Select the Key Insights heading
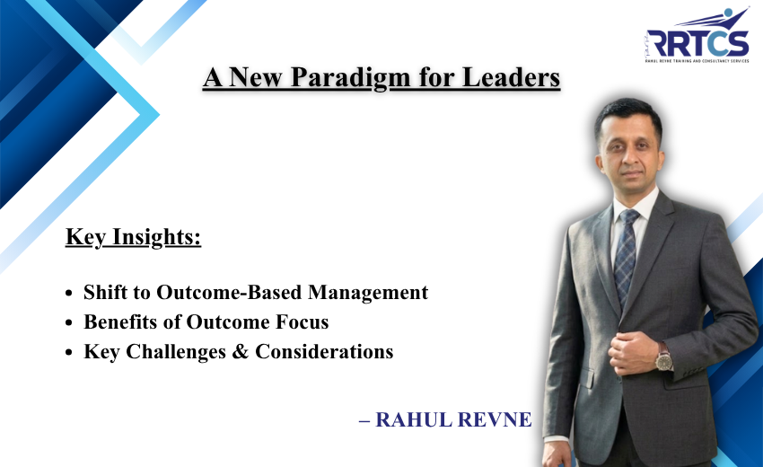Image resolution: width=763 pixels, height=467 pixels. (133, 238)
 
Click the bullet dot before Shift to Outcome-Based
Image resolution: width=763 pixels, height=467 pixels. (71, 294)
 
